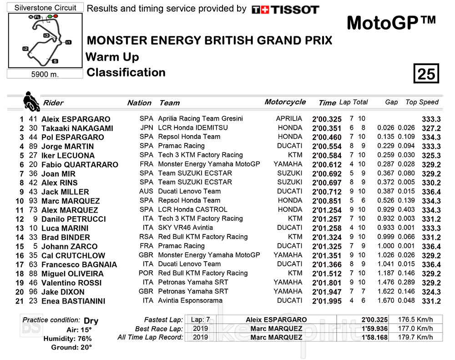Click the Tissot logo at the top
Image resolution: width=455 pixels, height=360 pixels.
(x=285, y=10)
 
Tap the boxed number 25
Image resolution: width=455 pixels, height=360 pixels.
(x=426, y=73)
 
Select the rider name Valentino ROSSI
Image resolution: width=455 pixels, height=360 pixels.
(x=72, y=283)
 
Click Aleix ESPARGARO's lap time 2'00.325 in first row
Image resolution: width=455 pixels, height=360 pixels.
(x=327, y=119)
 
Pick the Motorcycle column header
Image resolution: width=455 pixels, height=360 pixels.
(x=285, y=102)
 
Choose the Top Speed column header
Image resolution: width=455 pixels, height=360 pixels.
(x=422, y=102)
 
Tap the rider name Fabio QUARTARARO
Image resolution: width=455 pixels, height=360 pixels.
(x=80, y=164)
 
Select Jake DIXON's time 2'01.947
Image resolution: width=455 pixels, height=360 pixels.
(x=327, y=292)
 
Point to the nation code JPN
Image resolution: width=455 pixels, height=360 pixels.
(x=146, y=128)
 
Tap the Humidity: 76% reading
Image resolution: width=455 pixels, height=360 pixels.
(x=67, y=339)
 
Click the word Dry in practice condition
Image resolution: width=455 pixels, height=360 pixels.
(x=91, y=320)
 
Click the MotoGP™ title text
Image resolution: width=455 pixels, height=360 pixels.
(x=391, y=22)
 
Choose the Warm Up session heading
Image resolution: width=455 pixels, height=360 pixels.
(x=112, y=57)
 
